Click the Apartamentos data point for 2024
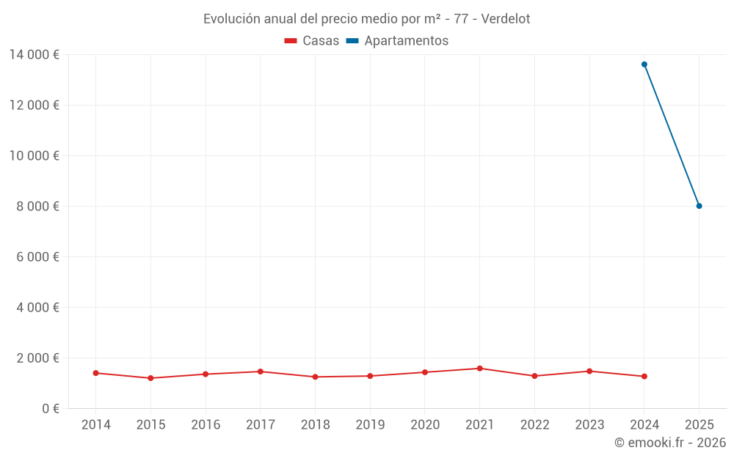click(x=644, y=64)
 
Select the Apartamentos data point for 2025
click(x=699, y=206)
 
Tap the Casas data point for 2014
click(x=96, y=373)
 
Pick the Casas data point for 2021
click(x=480, y=369)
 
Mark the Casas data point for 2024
click(x=644, y=377)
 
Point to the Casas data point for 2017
click(x=261, y=372)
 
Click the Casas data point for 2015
click(x=150, y=378)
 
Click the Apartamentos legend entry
click(x=406, y=41)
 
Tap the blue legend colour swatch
click(x=352, y=41)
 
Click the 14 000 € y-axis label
click(x=34, y=54)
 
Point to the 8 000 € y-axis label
click(x=38, y=206)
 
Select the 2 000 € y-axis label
click(x=38, y=358)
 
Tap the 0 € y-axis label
click(x=49, y=408)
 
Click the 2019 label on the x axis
click(x=370, y=425)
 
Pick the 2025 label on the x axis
click(x=699, y=425)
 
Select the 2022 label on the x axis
click(x=534, y=425)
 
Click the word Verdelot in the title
click(x=505, y=19)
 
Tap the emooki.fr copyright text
click(x=670, y=443)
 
